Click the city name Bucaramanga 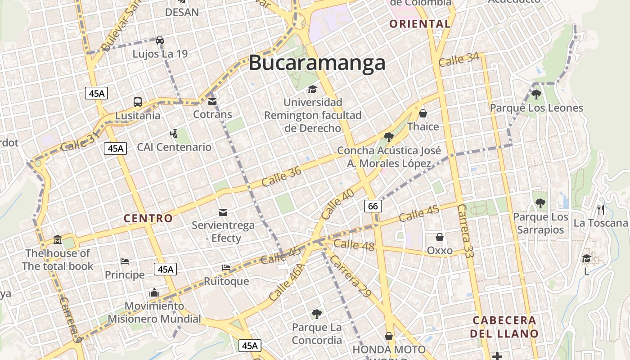point(317,63)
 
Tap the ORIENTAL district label point(420,24)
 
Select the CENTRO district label point(148,219)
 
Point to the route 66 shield point(373,206)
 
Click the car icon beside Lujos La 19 point(160,40)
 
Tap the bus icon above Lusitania point(138,102)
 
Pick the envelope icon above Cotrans point(212,101)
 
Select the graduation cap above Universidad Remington point(312,90)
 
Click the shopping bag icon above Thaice point(423,113)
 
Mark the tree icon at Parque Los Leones point(536,94)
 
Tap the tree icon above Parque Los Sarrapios point(540,204)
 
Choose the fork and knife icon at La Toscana point(600,209)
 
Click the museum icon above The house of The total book point(57,239)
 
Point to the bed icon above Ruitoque point(226,268)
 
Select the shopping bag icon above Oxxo point(440,237)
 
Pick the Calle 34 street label point(459,59)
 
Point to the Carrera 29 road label point(350,277)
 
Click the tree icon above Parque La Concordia point(317,314)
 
